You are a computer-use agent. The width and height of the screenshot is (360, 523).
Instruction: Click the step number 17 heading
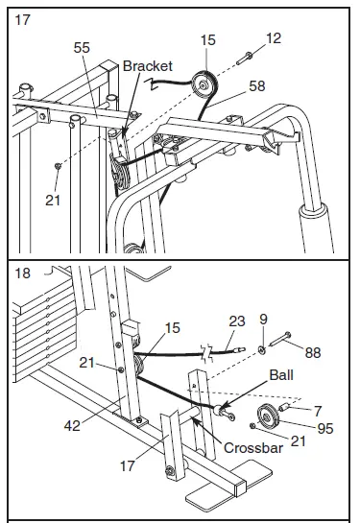pyautogui.click(x=22, y=17)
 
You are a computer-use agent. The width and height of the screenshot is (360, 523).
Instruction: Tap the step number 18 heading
pyautogui.click(x=22, y=273)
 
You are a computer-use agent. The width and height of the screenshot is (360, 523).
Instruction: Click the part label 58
pyautogui.click(x=255, y=86)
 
